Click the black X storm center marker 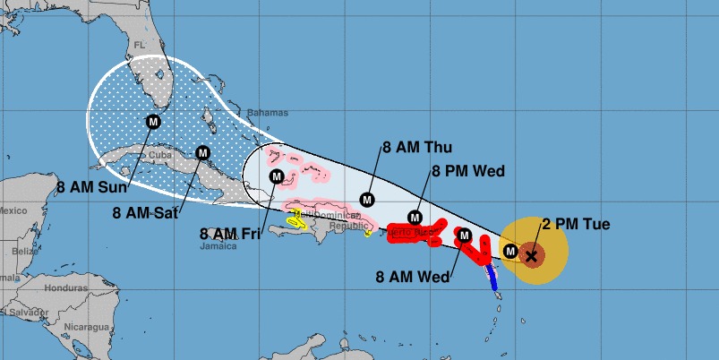click(x=531, y=256)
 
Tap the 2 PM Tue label click(x=576, y=224)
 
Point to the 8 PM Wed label click(x=469, y=171)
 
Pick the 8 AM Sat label click(x=147, y=212)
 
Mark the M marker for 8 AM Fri click(x=277, y=176)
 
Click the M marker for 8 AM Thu click(x=366, y=199)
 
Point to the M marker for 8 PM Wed click(x=415, y=217)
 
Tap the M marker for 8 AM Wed click(x=464, y=236)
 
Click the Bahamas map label click(x=269, y=113)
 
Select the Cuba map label click(x=159, y=154)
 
